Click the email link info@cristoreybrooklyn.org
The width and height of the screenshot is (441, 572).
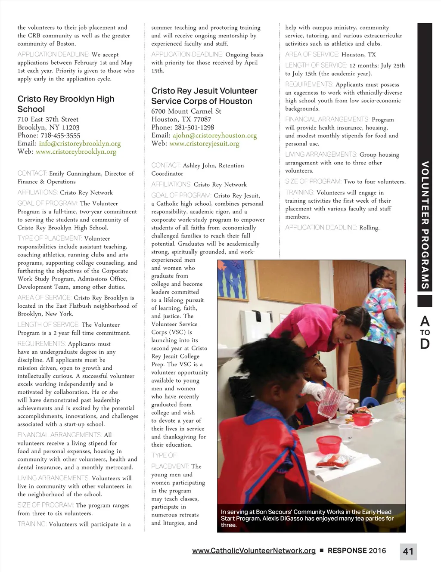pos(80,143)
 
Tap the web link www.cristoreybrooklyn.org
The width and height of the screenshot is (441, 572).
pos(76,152)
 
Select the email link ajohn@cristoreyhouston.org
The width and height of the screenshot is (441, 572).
pos(214,135)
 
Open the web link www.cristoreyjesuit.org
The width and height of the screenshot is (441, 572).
pos(204,143)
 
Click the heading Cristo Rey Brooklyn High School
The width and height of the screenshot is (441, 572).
pos(66,104)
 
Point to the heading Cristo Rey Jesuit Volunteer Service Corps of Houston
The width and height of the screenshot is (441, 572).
pos(204,96)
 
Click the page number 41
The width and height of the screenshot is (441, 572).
pos(408,551)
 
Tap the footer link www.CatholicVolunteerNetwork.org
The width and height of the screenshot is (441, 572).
pos(254,550)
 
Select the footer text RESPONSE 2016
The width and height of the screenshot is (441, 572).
pos(357,550)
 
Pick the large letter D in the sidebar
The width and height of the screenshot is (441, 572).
pos(425,344)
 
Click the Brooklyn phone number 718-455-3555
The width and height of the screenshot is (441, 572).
pos(60,135)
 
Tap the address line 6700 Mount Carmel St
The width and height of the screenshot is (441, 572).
pos(186,111)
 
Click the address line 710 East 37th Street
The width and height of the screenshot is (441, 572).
pos(48,119)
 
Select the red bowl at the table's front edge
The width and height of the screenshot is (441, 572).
pos(329,444)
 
